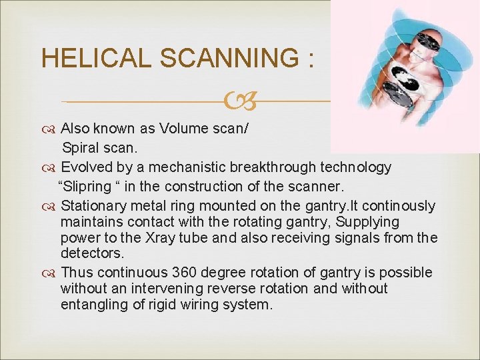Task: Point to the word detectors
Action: (x=91, y=253)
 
